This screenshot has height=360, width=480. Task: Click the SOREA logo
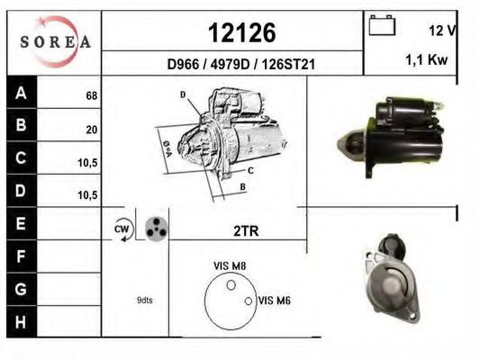[x=55, y=41]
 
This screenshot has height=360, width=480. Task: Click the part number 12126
[x=242, y=33]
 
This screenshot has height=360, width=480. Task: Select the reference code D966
[x=183, y=64]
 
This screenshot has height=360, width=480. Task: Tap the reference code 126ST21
[x=288, y=64]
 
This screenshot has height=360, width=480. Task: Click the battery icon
[x=382, y=25]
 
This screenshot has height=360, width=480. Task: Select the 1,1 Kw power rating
[x=427, y=59]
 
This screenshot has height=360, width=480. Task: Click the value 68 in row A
[x=92, y=95]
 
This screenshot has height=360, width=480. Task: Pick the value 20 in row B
[x=92, y=130]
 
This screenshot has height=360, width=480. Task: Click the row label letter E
[x=21, y=223]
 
